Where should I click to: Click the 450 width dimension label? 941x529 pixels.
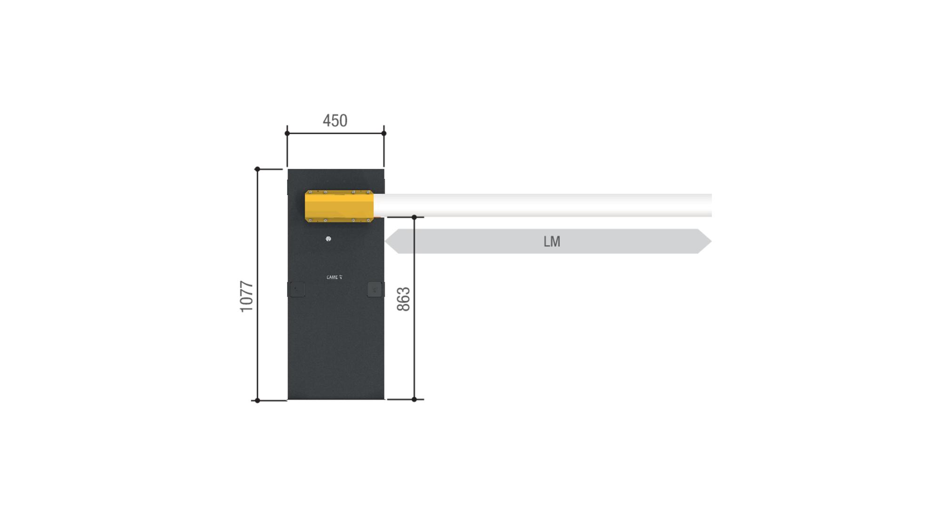pyautogui.click(x=335, y=121)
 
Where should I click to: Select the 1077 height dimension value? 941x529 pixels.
pyautogui.click(x=247, y=297)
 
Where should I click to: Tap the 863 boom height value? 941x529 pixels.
pyautogui.click(x=404, y=299)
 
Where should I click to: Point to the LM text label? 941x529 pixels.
pyautogui.click(x=552, y=241)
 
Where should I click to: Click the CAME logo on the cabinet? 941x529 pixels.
pyautogui.click(x=335, y=277)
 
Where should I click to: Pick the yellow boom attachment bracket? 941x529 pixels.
pyautogui.click(x=339, y=206)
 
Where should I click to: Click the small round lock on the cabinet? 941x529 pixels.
pyautogui.click(x=328, y=239)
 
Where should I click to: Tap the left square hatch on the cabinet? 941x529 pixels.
pyautogui.click(x=296, y=289)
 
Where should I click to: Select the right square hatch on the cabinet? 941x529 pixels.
pyautogui.click(x=375, y=289)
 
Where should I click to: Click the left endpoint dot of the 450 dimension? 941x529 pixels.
pyautogui.click(x=287, y=134)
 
